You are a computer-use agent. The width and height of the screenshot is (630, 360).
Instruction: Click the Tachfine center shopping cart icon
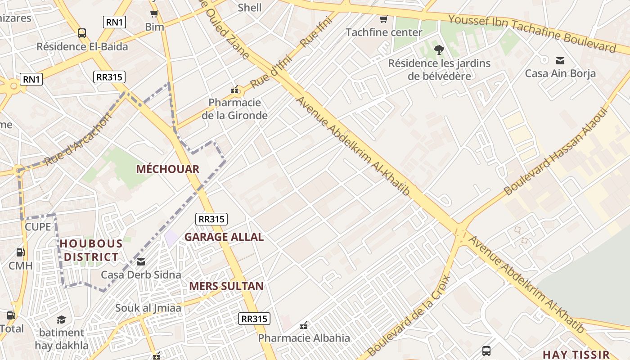tap(383, 19)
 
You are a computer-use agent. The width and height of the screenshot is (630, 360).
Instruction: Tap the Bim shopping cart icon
tap(154, 13)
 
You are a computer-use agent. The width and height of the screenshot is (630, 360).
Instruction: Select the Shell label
tap(249, 7)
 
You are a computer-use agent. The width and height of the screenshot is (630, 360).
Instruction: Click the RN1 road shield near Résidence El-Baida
tap(114, 22)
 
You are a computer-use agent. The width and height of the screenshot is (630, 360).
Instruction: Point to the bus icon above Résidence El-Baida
tap(81, 33)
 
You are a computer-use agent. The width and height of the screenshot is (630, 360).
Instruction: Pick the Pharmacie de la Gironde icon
tap(234, 90)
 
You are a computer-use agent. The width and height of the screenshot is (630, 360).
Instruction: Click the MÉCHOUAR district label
tap(167, 169)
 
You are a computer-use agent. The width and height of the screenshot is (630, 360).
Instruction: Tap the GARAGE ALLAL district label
tap(224, 237)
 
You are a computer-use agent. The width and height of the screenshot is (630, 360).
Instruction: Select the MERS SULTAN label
tap(226, 286)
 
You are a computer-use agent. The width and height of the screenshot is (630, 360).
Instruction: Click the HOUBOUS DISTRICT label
tap(91, 250)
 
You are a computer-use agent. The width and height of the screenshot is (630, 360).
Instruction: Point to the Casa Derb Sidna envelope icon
tap(141, 262)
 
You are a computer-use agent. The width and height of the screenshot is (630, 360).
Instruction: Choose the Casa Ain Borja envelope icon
tap(560, 60)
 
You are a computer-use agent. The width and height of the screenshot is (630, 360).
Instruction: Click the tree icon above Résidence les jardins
tap(439, 50)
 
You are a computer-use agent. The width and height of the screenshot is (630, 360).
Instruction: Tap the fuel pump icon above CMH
tap(20, 253)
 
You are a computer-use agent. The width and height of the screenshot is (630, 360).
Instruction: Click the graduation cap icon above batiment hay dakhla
tap(61, 319)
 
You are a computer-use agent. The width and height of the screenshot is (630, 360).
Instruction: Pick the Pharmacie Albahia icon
tap(304, 325)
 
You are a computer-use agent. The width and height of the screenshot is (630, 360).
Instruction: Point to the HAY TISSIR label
tap(576, 354)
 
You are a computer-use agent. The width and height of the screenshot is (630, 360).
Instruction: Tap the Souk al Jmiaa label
tap(148, 308)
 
